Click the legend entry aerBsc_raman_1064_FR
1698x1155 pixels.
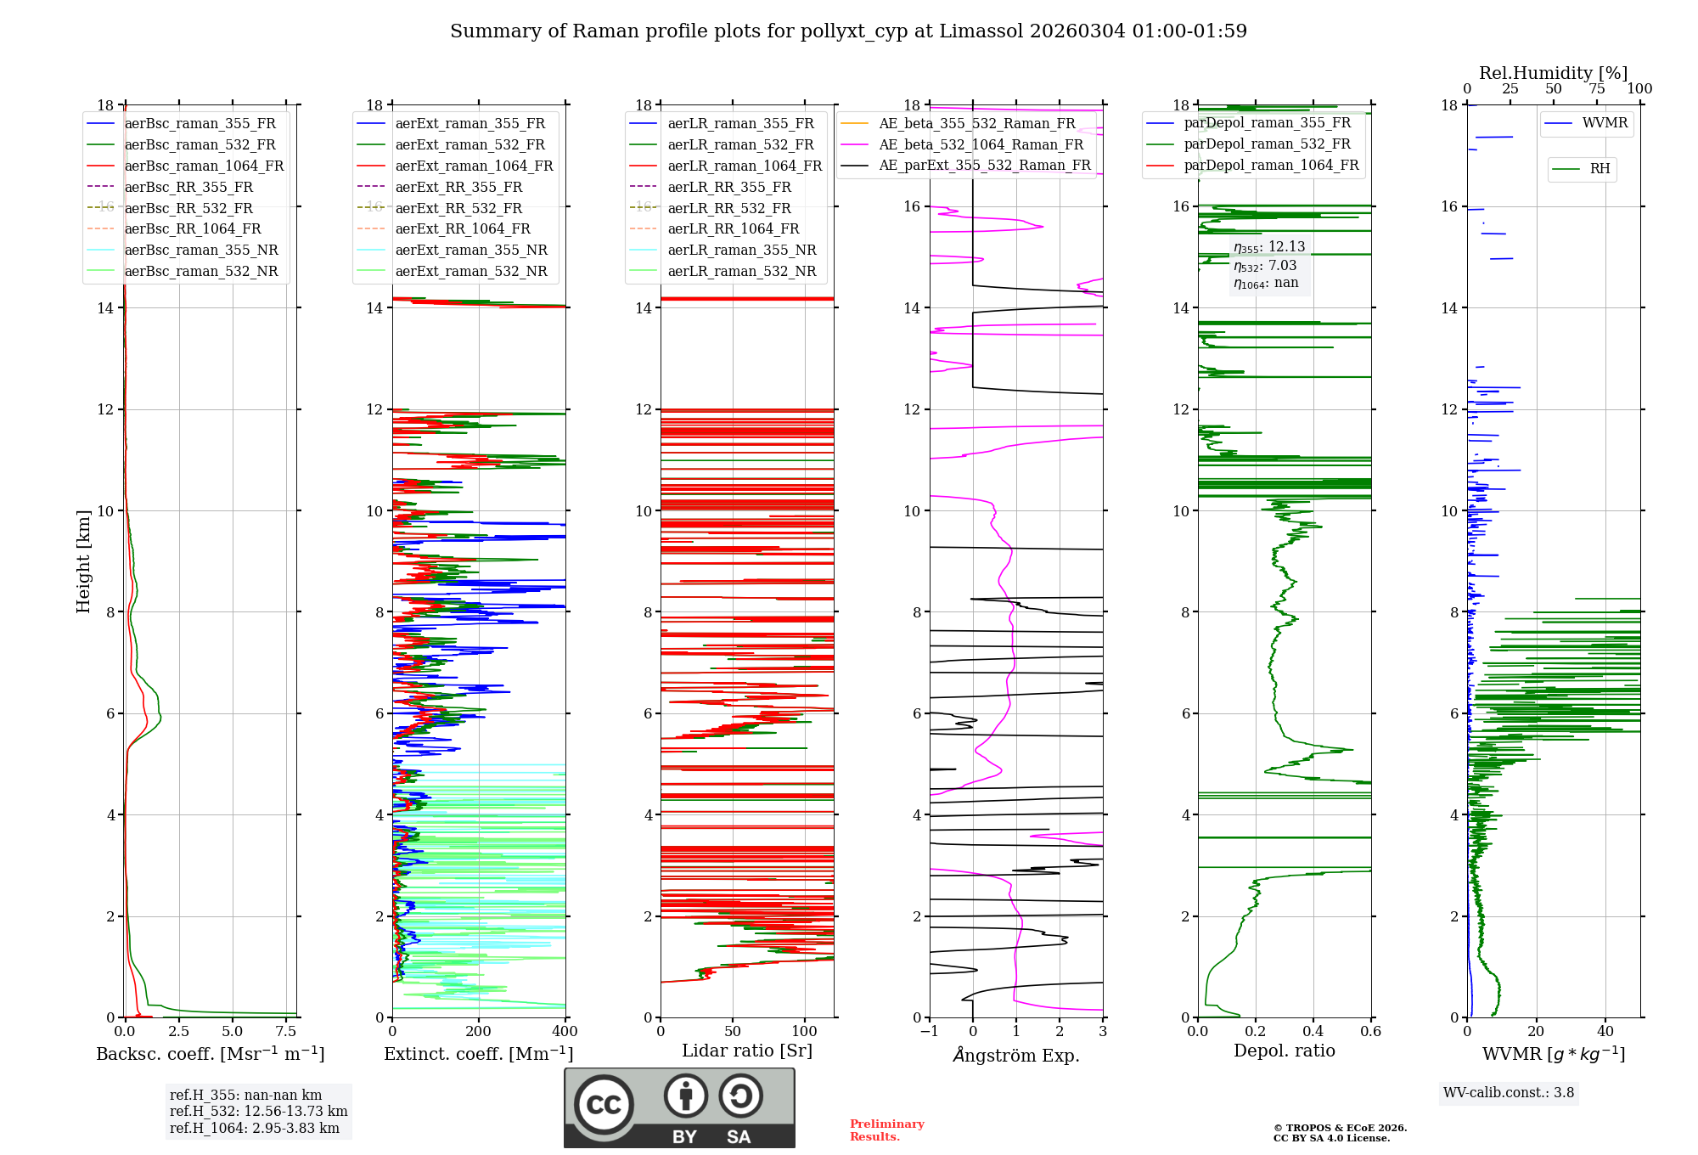point(204,166)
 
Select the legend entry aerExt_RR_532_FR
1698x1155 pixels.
point(458,208)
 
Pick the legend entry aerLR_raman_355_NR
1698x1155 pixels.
point(741,251)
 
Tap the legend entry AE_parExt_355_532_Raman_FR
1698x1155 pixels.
point(984,166)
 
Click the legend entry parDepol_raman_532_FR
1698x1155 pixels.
point(1267,144)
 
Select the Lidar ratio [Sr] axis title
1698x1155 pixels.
point(747,1051)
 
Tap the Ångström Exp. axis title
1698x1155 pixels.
point(1016,1056)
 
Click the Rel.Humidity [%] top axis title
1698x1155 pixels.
point(1553,73)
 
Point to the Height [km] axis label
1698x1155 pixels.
point(83,561)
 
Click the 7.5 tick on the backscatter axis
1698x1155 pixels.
point(286,1032)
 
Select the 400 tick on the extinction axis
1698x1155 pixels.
point(565,1032)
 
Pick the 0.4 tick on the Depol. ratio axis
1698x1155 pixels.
point(1313,1032)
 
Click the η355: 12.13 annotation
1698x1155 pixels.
point(1269,247)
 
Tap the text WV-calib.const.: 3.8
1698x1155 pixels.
point(1509,1093)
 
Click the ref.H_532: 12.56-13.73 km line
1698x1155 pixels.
point(258,1112)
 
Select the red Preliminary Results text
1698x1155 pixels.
point(886,1130)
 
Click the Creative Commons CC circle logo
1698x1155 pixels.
point(604,1105)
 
